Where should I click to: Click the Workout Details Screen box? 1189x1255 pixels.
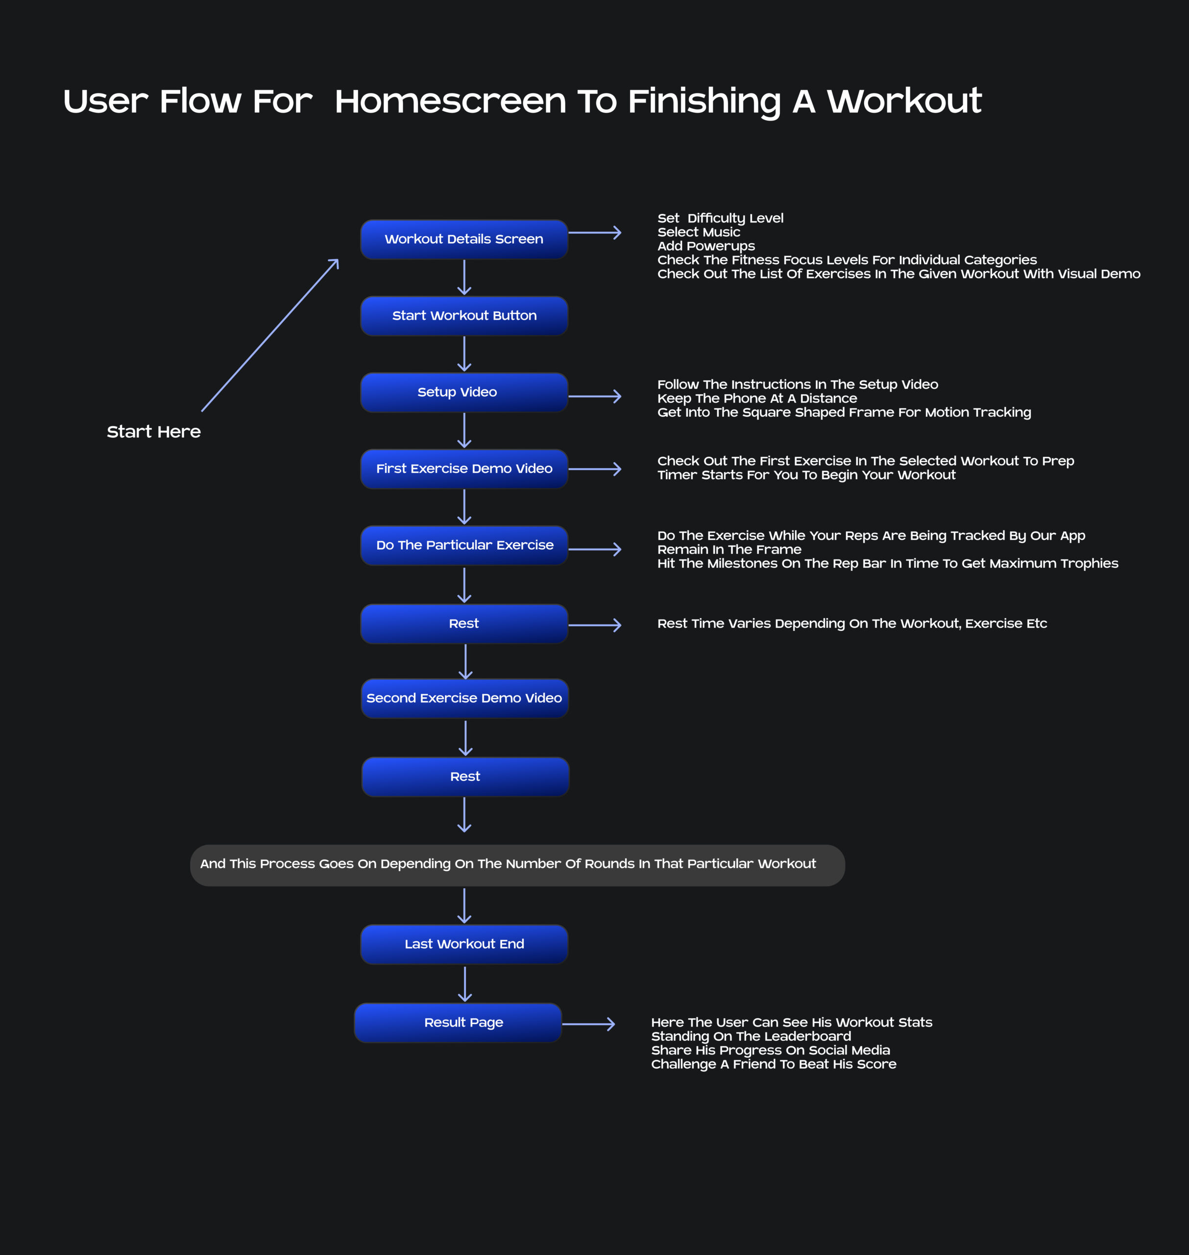coord(464,239)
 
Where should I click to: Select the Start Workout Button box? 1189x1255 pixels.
coord(464,316)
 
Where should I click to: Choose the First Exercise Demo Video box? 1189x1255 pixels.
coord(464,469)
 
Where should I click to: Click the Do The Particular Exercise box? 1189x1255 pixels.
coord(464,545)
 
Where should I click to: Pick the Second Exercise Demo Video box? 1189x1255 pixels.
coord(464,698)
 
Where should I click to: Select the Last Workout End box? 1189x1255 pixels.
coord(464,944)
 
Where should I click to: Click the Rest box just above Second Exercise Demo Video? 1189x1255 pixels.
coord(464,624)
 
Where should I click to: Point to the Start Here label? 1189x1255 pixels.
coord(154,432)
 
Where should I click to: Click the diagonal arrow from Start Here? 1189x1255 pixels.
coord(270,335)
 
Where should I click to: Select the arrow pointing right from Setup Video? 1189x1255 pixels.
coord(595,396)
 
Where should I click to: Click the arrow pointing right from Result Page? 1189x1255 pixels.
coord(588,1024)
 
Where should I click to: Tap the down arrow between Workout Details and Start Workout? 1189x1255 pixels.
coord(464,278)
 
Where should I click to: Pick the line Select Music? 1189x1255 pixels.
coord(699,232)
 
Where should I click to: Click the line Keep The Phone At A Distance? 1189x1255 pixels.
coord(757,398)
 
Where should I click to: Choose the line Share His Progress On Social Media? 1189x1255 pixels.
coord(770,1050)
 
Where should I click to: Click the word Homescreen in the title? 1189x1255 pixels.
coord(450,101)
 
